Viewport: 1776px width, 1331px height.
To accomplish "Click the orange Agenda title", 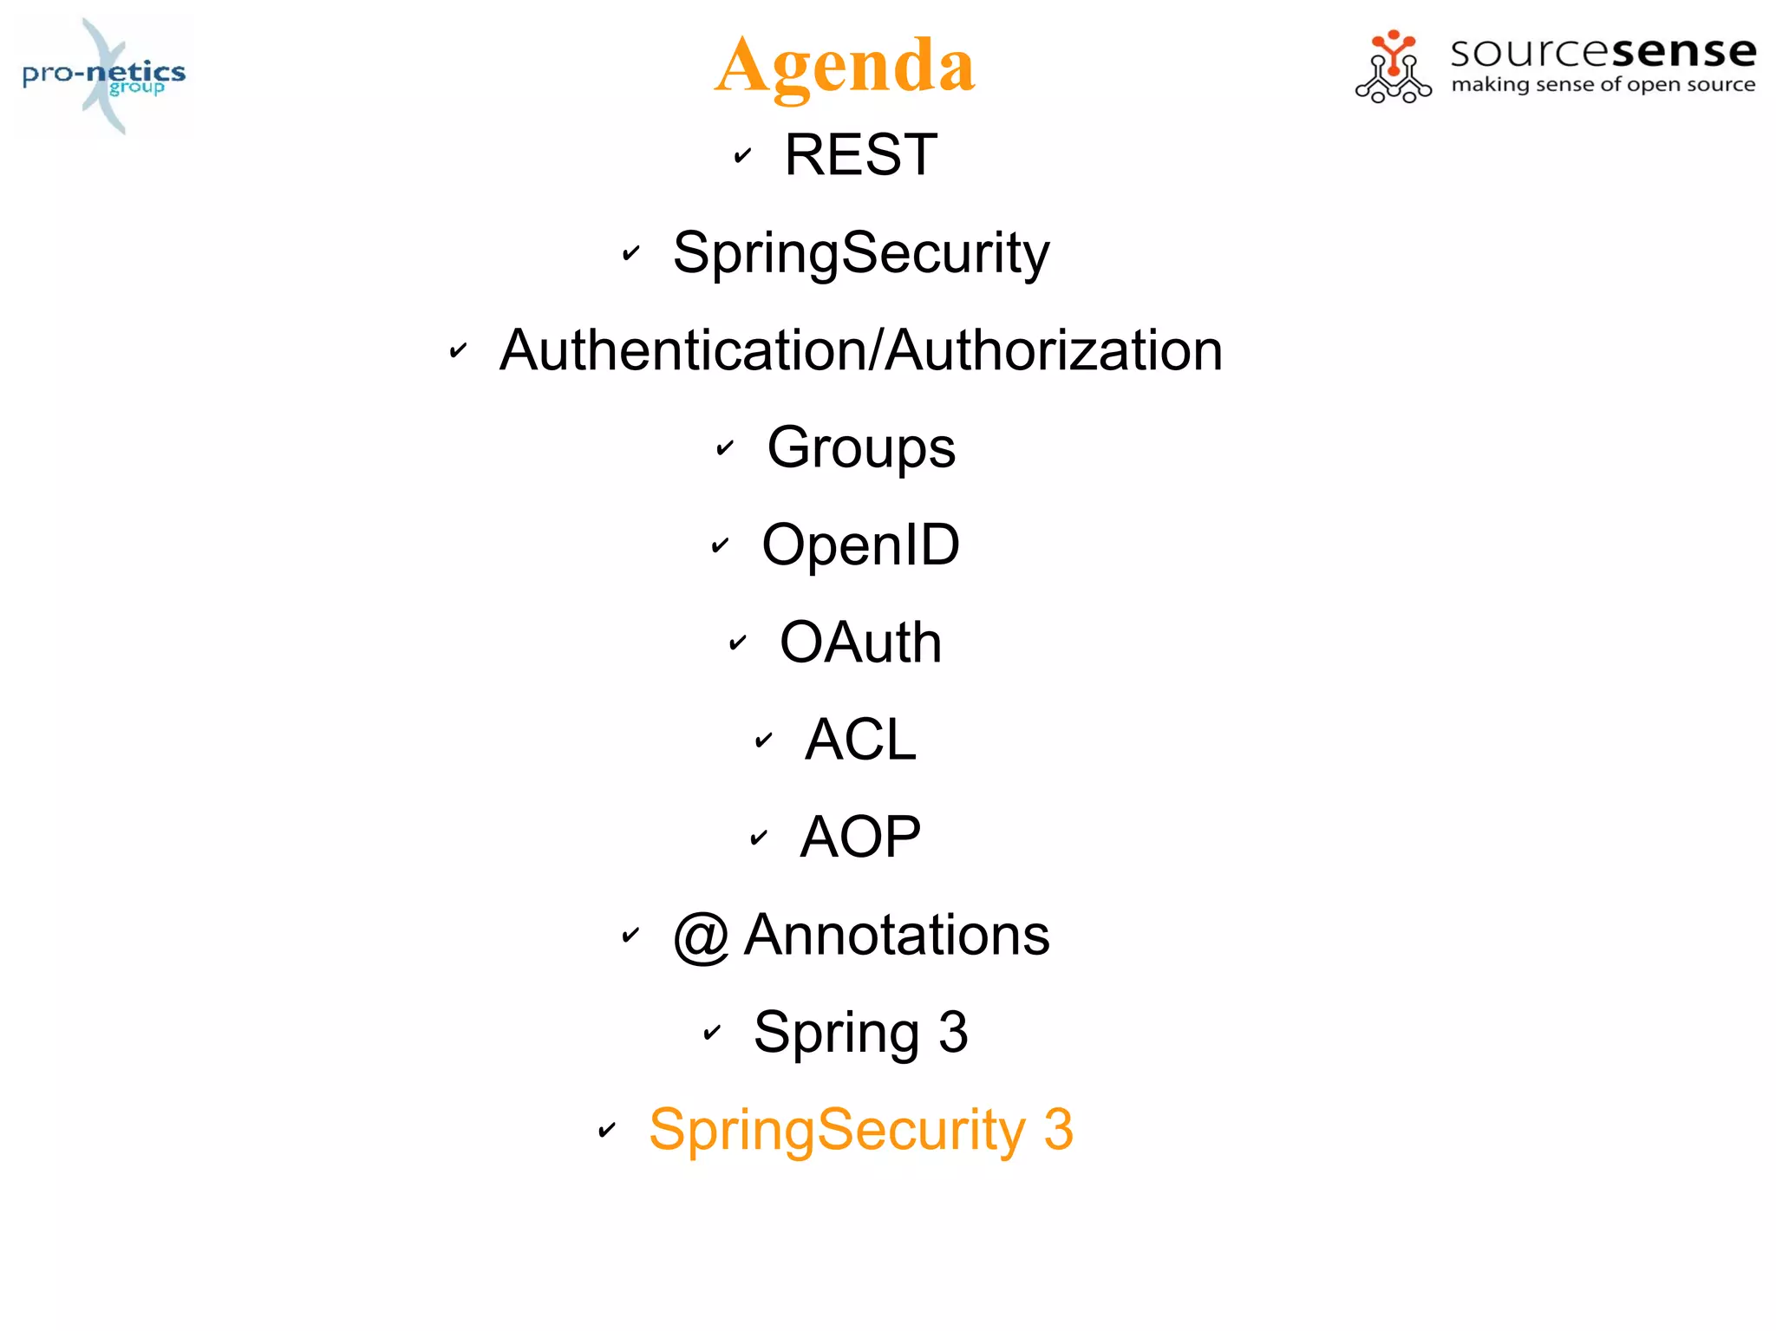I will [x=845, y=66].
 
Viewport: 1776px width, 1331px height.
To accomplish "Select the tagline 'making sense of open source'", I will [x=1603, y=85].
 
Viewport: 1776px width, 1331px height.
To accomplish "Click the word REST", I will [x=860, y=155].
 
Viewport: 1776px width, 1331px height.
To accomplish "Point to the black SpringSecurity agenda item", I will [x=860, y=253].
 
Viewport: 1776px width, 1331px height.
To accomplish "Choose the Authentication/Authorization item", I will [x=860, y=350].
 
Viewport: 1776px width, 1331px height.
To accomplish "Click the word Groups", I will [x=860, y=448].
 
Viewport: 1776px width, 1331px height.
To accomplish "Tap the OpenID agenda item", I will [x=860, y=545].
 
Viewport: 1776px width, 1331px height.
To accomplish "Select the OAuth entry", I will [x=860, y=643].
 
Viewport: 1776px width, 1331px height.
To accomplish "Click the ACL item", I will [x=860, y=740].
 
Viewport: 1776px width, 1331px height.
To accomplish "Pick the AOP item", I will [x=860, y=838].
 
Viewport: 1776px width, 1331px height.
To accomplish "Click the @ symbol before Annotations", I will [x=701, y=936].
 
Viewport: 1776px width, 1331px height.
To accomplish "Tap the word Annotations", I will [x=897, y=935].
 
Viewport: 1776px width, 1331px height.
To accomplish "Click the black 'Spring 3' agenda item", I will [x=860, y=1033].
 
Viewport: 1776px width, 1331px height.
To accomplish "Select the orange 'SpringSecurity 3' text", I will [x=860, y=1130].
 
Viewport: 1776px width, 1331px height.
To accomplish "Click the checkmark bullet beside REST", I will [x=742, y=156].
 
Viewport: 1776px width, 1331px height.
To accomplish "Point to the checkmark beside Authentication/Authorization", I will [x=458, y=351].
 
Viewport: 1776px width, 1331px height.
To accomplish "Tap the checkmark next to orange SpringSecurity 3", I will [x=607, y=1130].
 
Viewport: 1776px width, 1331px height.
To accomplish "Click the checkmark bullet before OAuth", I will [x=737, y=643].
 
